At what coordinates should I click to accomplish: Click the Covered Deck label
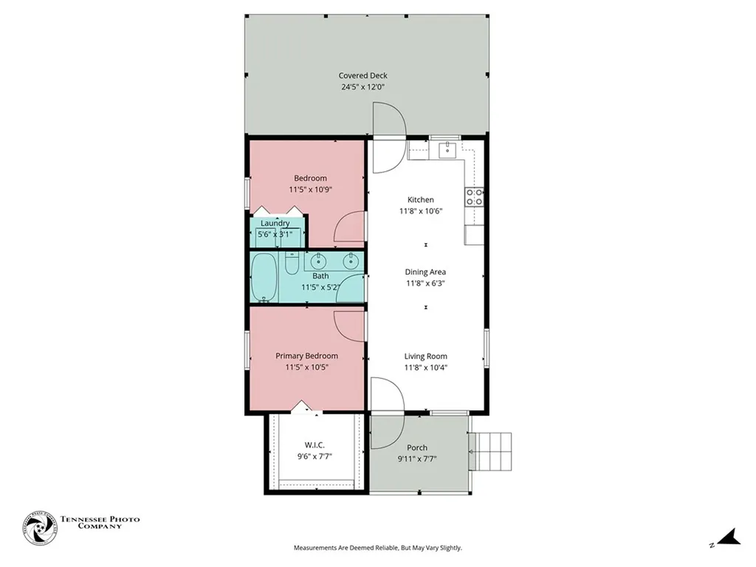tap(362, 75)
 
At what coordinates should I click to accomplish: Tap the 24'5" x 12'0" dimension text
tap(362, 87)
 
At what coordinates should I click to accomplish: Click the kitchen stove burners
tap(474, 196)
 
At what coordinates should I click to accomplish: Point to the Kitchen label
tap(421, 199)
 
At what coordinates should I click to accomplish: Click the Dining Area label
tap(425, 272)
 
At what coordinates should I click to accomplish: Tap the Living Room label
tap(425, 356)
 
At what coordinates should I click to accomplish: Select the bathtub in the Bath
tap(264, 277)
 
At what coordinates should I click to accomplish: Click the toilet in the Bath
tap(292, 263)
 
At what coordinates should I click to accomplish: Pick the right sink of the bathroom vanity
tap(351, 261)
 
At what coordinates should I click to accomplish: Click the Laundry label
tap(275, 223)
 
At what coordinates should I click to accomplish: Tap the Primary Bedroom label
tap(306, 356)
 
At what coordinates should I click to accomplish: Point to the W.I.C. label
tap(315, 444)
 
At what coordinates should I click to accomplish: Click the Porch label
tap(417, 447)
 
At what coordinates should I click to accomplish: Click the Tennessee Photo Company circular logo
tap(40, 528)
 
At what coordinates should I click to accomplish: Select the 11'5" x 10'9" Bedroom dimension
tap(310, 189)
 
